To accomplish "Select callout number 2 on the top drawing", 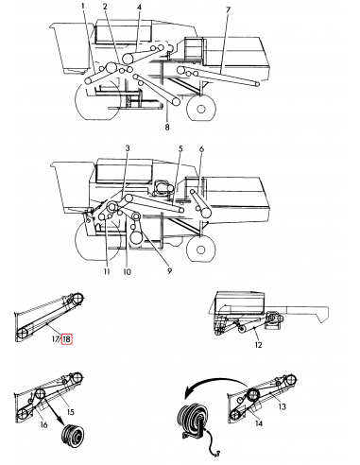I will coord(106,9).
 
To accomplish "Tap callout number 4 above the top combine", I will coord(139,9).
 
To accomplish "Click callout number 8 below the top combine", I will coord(167,127).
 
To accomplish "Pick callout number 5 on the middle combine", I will coord(179,149).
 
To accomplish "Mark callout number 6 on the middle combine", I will coord(201,149).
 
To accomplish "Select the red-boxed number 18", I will coord(67,338).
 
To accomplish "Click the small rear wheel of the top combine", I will coord(200,110).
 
